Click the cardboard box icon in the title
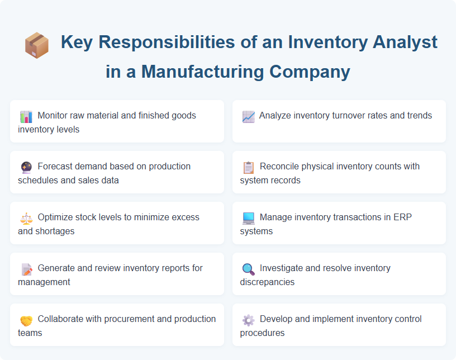point(36,44)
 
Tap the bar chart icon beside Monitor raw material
point(26,116)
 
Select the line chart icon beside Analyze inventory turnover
point(248,116)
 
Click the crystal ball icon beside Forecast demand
point(26,167)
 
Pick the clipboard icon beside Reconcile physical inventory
point(248,167)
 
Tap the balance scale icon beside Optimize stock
point(26,218)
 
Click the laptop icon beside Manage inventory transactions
point(248,218)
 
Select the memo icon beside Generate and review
point(26,269)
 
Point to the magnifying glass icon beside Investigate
point(248,269)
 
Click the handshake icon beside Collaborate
point(26,320)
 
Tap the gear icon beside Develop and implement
point(248,320)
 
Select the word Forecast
point(56,166)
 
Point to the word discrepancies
point(267,282)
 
